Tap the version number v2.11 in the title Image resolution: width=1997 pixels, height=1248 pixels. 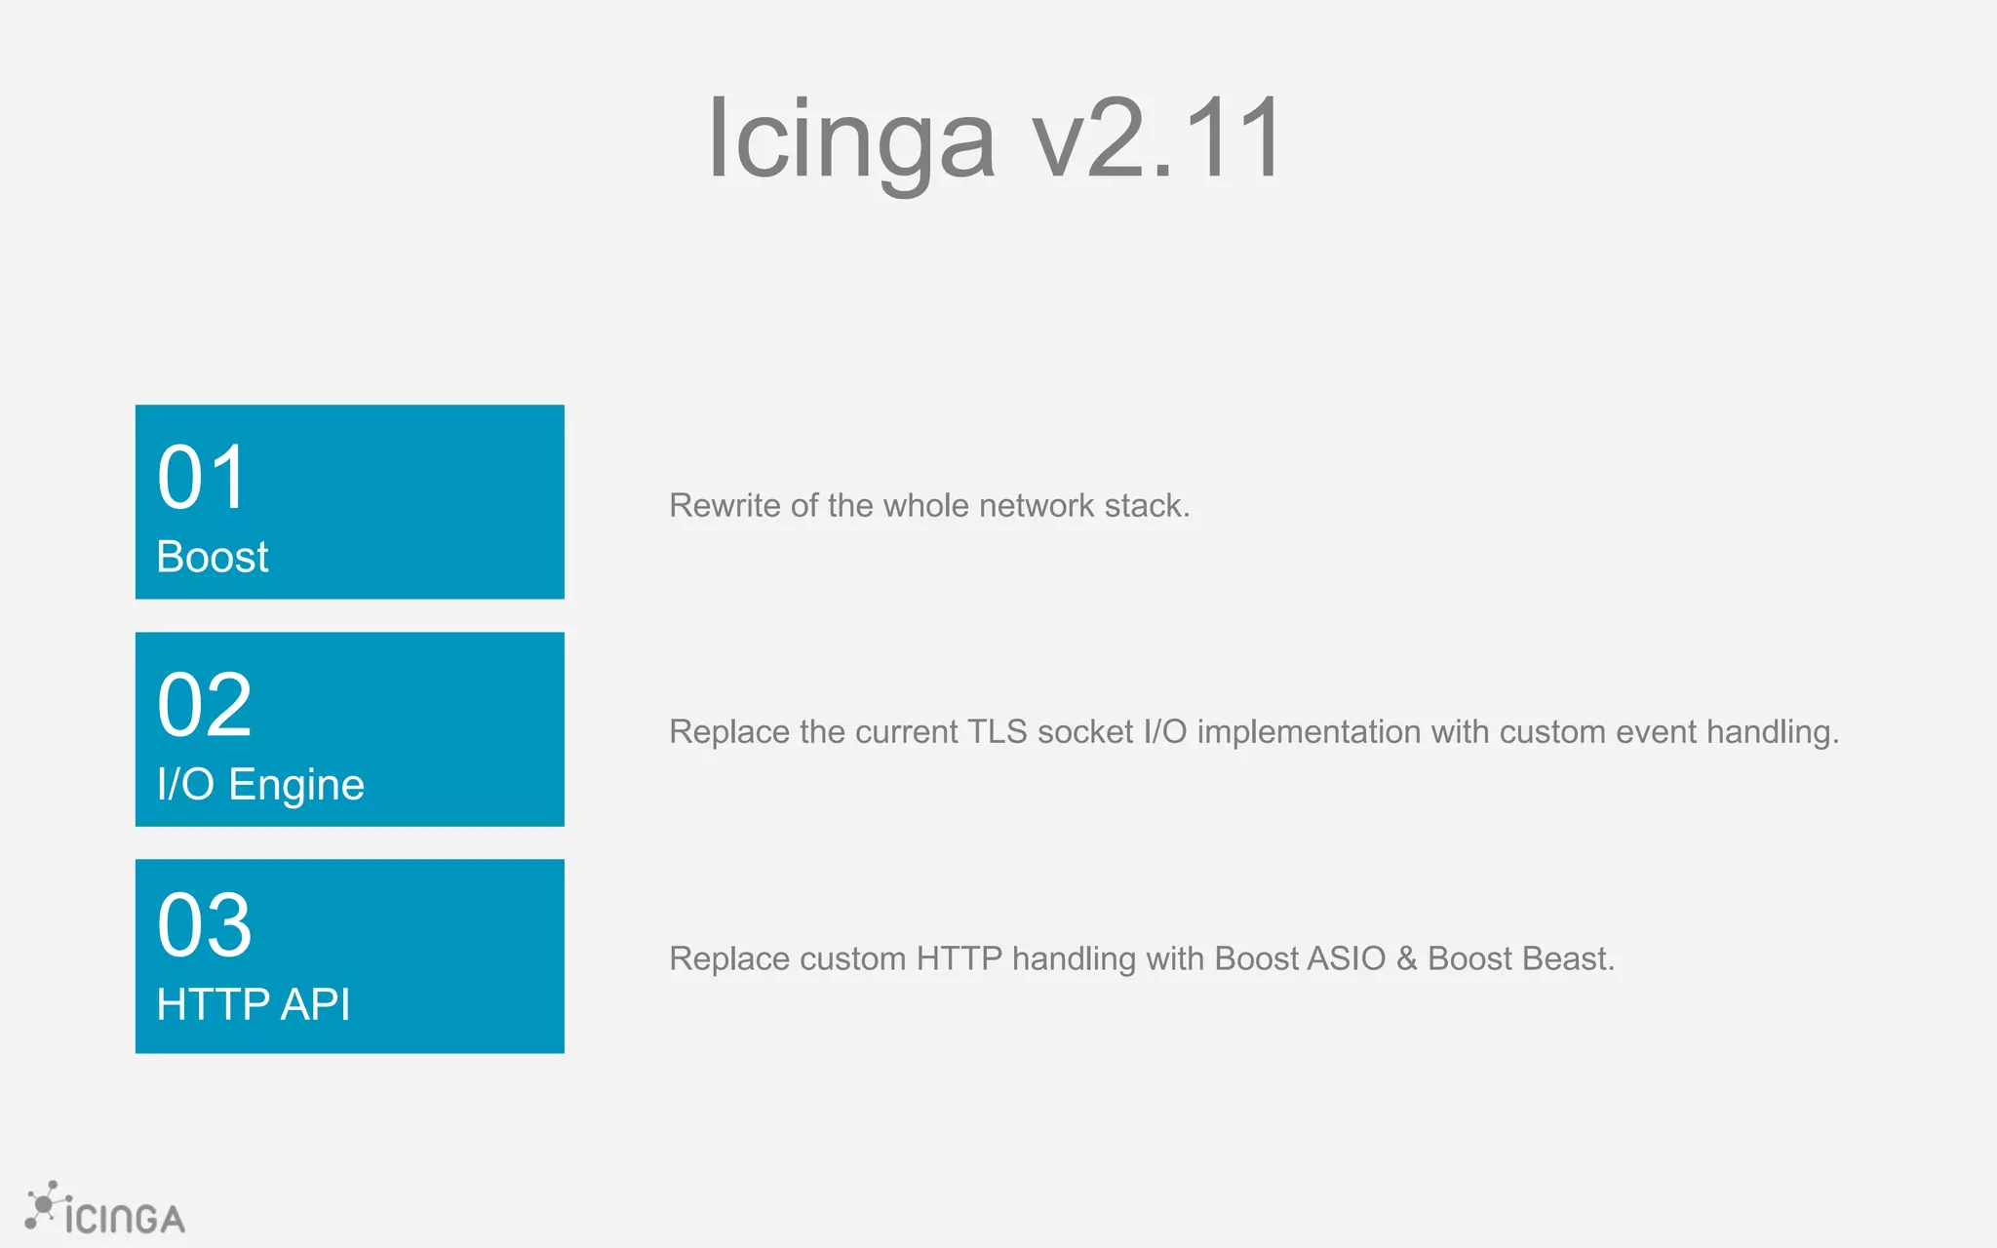coord(1158,138)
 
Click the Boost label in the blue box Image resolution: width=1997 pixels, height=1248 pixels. coord(213,557)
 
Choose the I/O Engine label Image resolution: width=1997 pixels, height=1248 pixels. coord(260,785)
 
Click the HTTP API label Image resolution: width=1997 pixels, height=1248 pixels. coord(254,1004)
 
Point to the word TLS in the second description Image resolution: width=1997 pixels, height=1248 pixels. coord(997,731)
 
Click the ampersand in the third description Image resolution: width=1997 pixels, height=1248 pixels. coord(1406,958)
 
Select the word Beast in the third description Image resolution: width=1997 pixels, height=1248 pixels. coord(1568,958)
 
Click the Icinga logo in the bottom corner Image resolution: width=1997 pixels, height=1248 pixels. coord(105,1210)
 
